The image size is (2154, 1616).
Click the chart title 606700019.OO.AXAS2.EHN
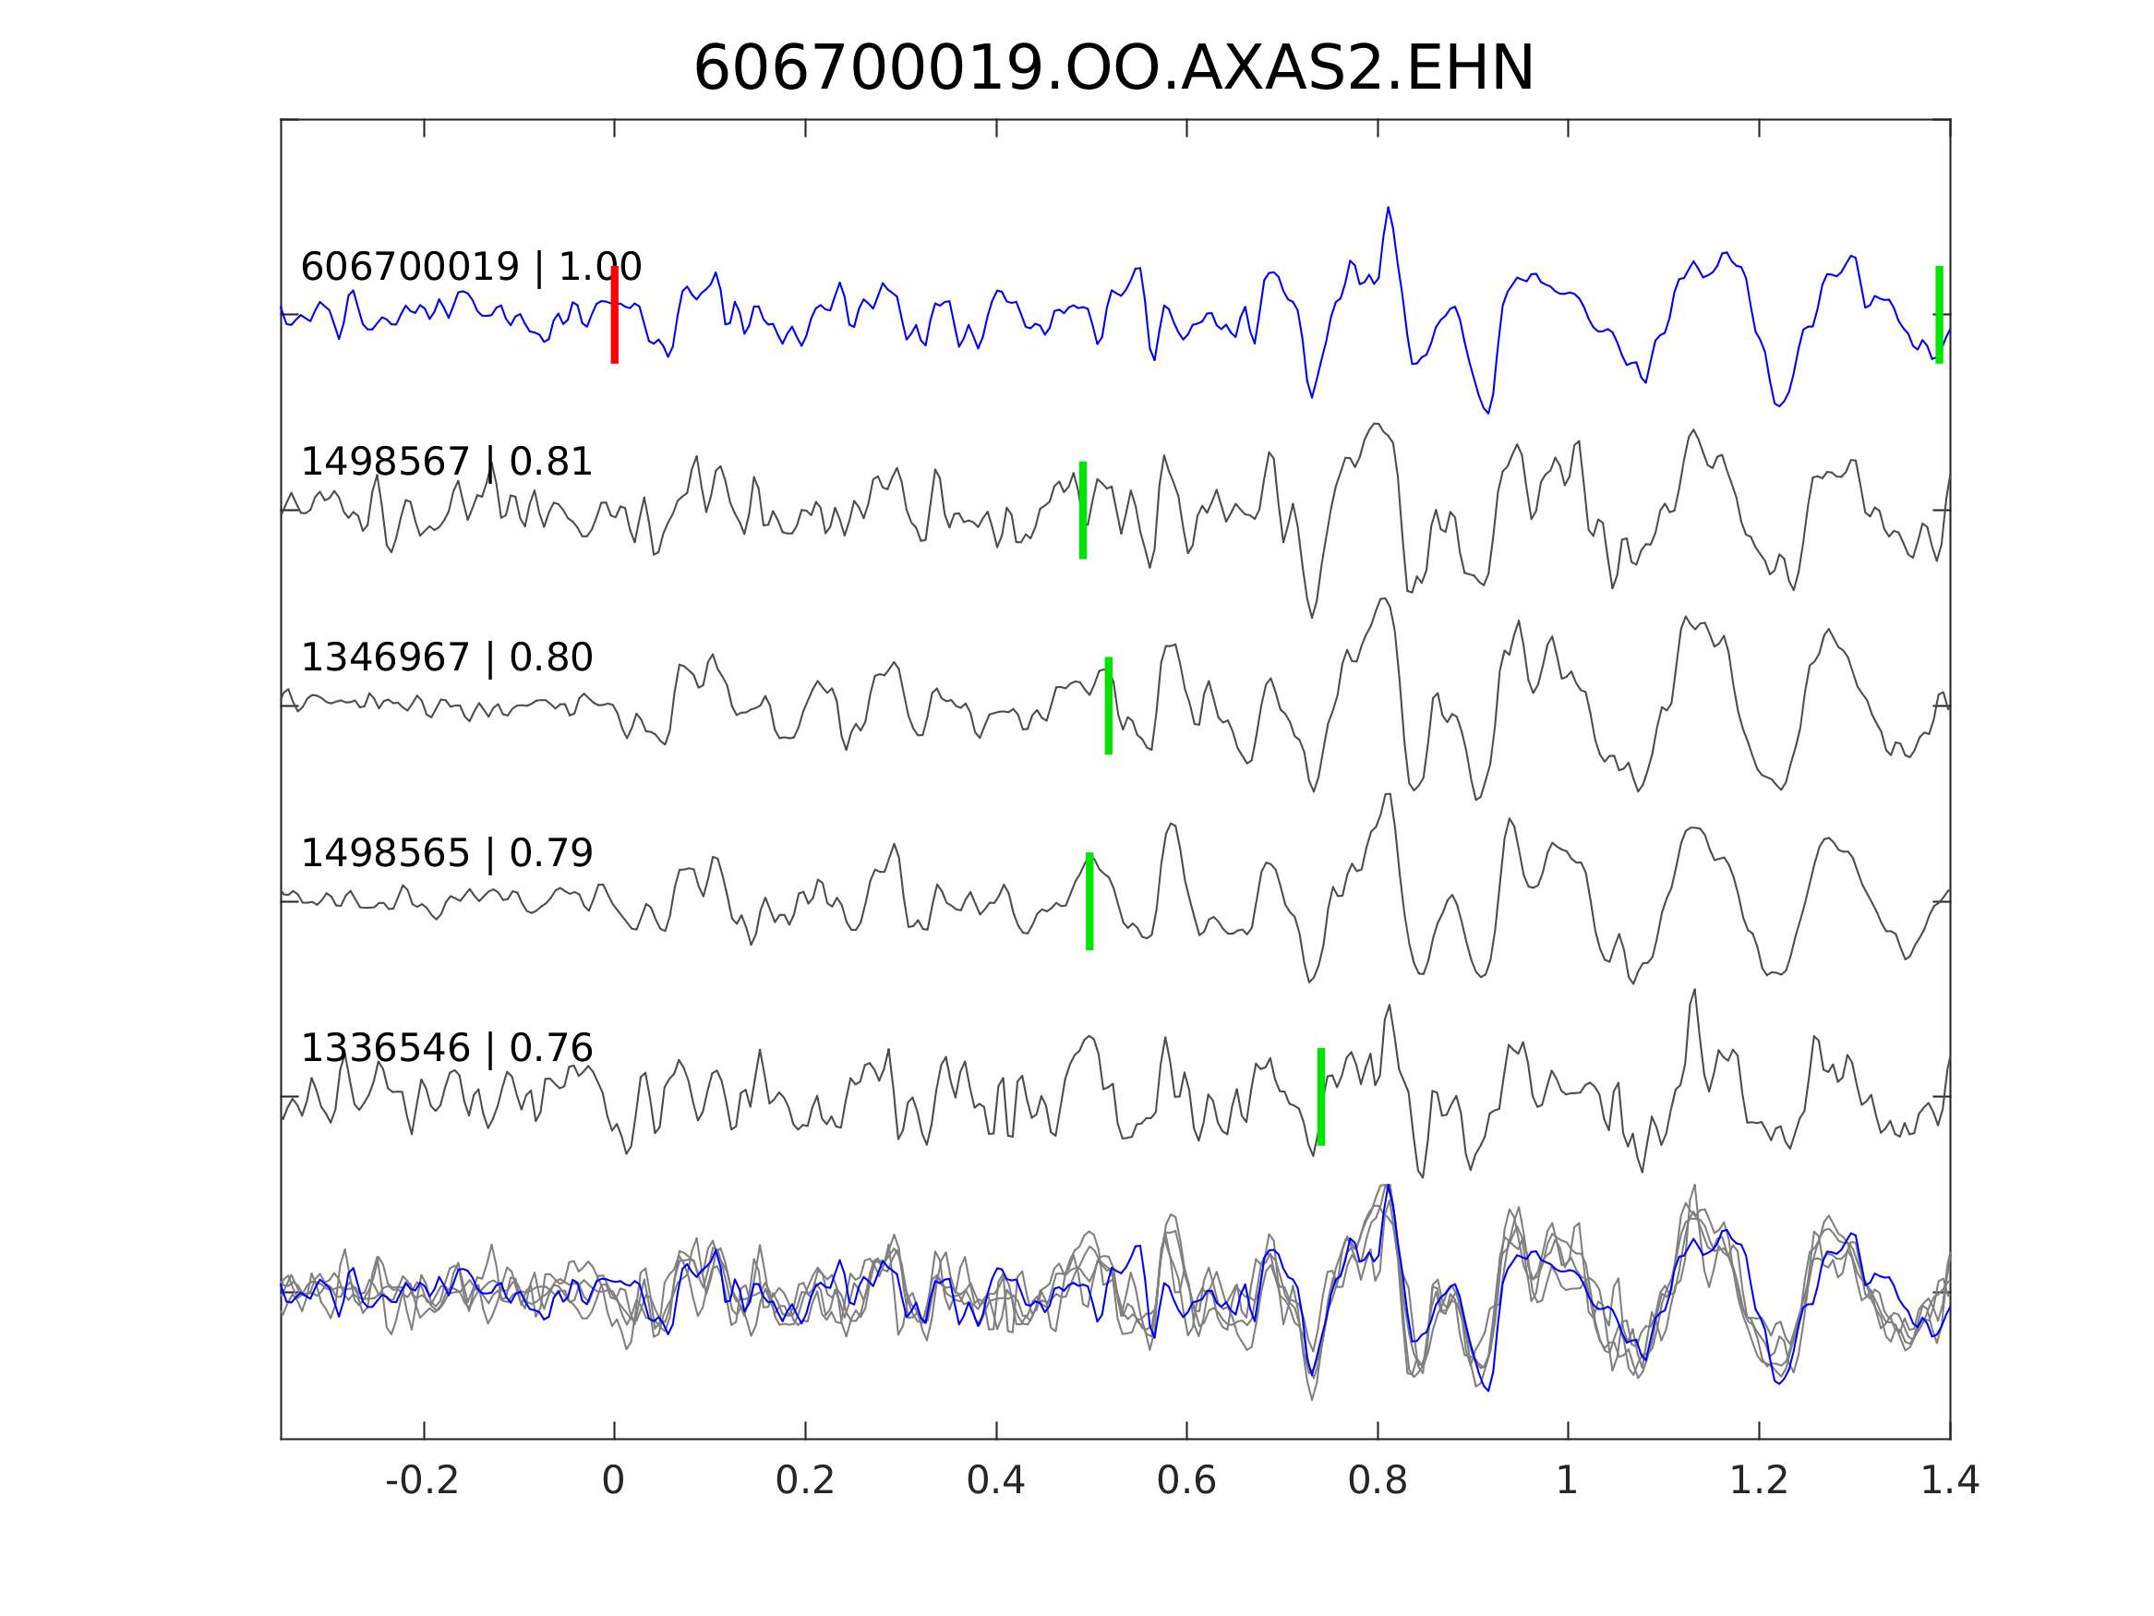pos(1113,69)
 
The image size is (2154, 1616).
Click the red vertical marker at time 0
pos(615,315)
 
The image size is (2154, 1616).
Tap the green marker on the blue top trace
pos(1939,315)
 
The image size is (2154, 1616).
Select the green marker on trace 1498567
pos(1083,511)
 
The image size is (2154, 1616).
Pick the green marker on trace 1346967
pos(1108,705)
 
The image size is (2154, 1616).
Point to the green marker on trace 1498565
pos(1089,901)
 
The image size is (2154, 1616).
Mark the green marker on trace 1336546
pos(1320,1097)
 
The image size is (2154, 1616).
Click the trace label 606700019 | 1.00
pos(470,267)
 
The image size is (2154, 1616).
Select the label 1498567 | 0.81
pos(446,462)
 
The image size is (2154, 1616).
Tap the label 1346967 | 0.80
pos(446,657)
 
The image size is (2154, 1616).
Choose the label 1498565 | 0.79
pos(446,853)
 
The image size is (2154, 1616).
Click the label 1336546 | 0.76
pos(446,1048)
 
